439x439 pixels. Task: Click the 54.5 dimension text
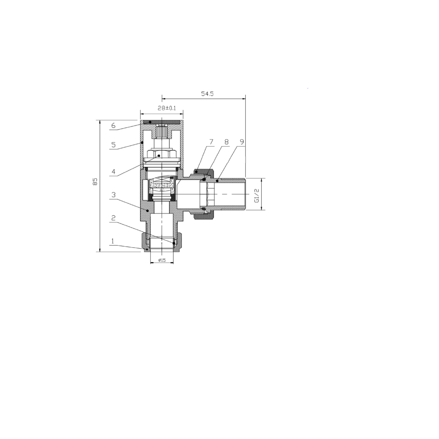coord(207,94)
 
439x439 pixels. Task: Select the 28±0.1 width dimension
coord(167,108)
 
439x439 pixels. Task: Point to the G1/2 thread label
coord(257,196)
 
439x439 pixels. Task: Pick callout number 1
coord(113,241)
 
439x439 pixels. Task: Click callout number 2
coord(114,218)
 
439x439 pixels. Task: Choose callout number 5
coord(114,145)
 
